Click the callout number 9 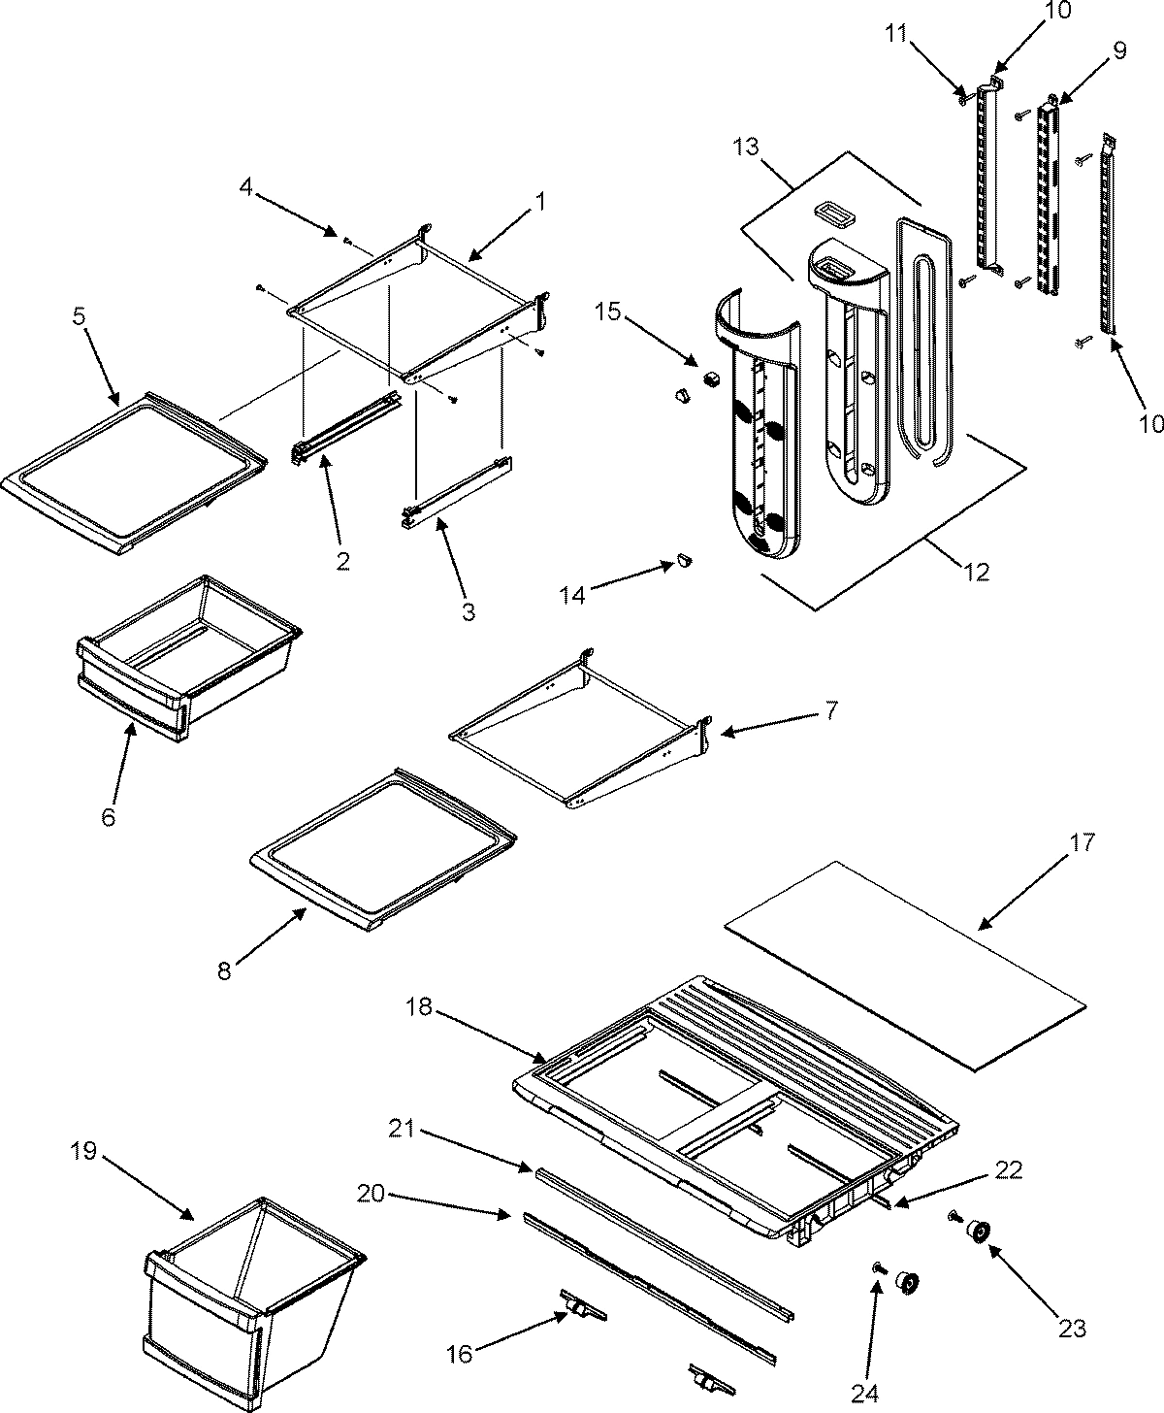[x=1120, y=50]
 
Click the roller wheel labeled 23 [x=976, y=1232]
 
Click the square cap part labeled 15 [x=714, y=376]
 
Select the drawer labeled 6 [x=184, y=670]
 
